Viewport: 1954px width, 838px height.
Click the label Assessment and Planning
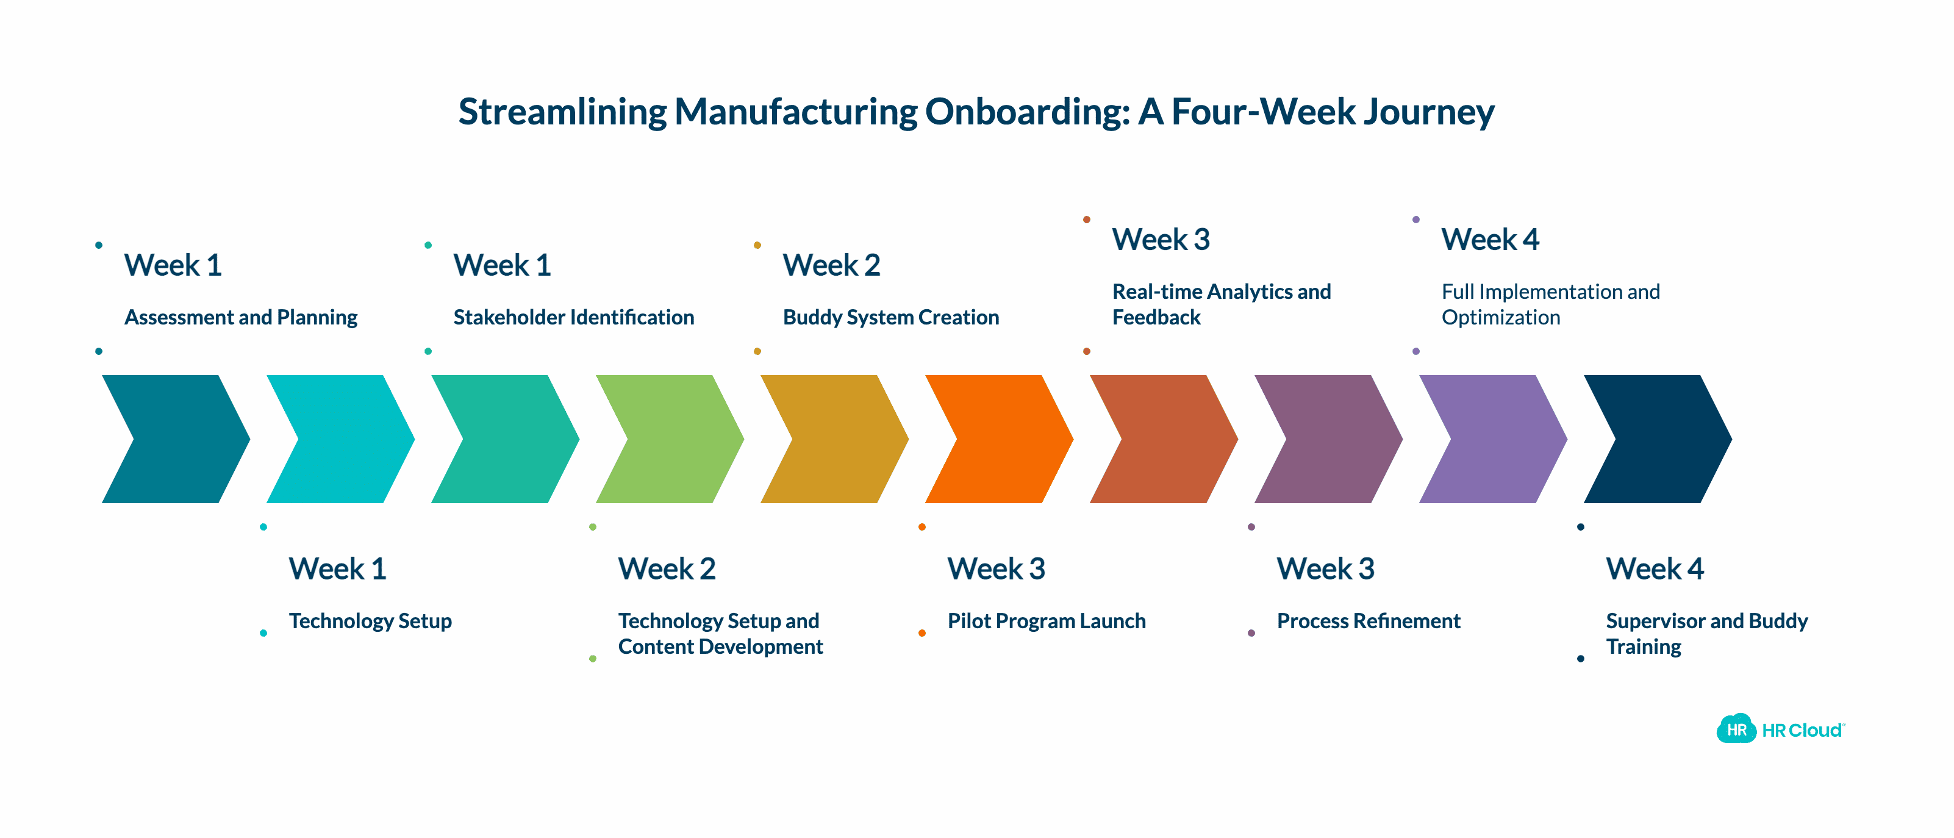tap(240, 317)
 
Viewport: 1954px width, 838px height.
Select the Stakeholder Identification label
tap(573, 317)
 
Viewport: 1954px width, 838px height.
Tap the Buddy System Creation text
tap(890, 317)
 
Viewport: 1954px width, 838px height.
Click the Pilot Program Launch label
tap(1046, 621)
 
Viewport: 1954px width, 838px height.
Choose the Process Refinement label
tap(1369, 621)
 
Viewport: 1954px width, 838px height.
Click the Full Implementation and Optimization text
tap(1550, 304)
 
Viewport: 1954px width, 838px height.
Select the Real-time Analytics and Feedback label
tap(1221, 304)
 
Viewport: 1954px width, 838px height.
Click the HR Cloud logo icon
tap(1736, 729)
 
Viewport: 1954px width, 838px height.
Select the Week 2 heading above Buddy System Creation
tap(831, 265)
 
